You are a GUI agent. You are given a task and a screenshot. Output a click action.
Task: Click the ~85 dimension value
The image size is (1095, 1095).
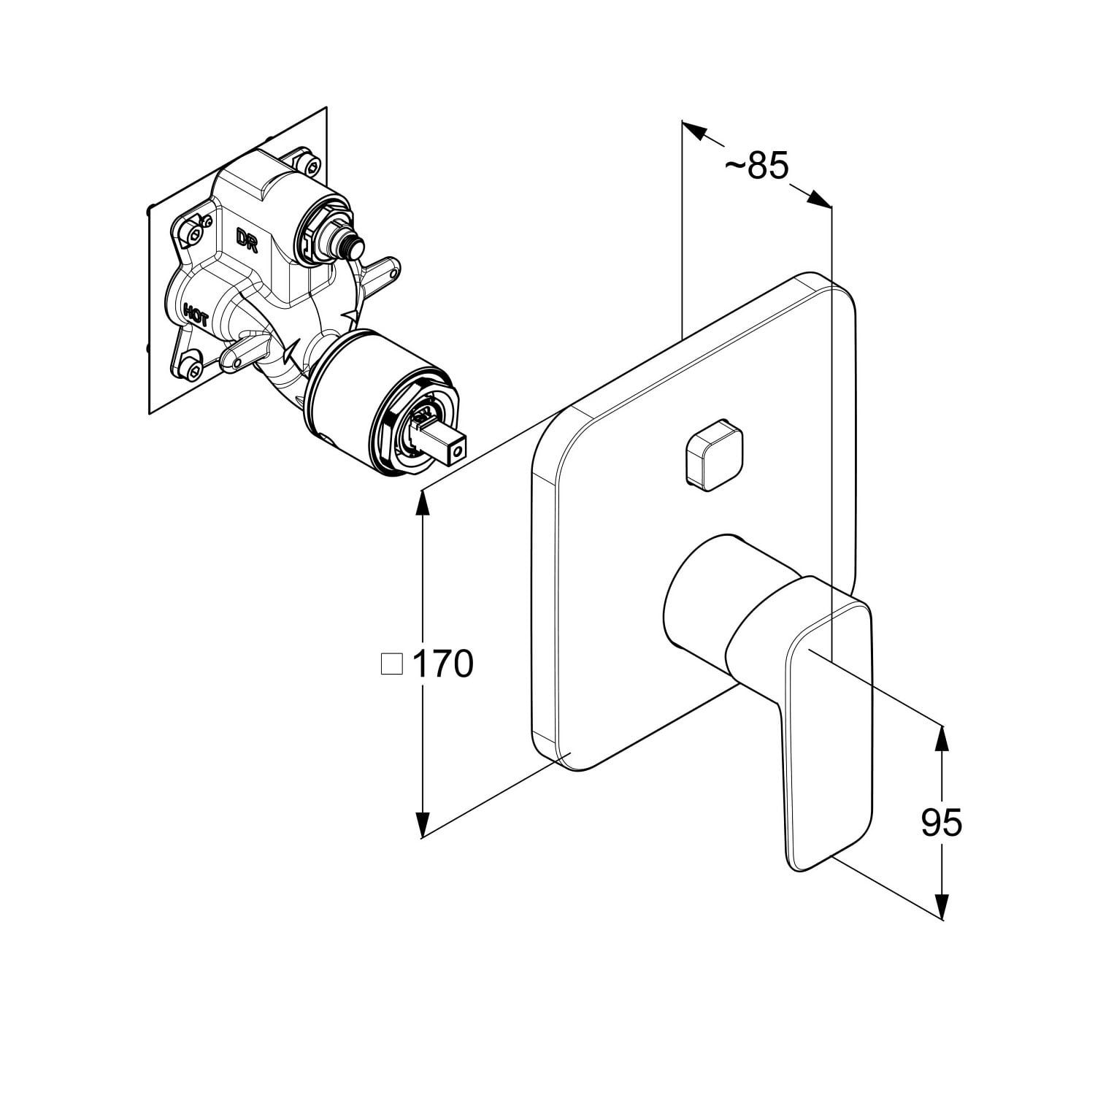[756, 166]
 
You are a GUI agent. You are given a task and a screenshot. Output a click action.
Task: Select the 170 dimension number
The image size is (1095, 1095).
[443, 664]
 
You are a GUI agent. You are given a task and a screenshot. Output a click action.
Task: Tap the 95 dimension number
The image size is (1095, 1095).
[941, 823]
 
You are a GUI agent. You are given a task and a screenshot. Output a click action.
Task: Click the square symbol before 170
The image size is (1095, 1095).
[392, 664]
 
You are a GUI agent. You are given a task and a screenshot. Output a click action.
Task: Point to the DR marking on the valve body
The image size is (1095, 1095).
[247, 239]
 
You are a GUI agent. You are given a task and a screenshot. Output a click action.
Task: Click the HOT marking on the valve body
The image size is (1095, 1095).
[196, 315]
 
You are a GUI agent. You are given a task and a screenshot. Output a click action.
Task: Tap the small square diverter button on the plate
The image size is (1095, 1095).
[713, 455]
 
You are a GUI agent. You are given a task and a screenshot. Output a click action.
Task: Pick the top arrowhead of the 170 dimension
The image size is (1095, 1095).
[421, 504]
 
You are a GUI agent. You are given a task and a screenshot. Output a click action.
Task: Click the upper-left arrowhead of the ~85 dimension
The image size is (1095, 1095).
[694, 131]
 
